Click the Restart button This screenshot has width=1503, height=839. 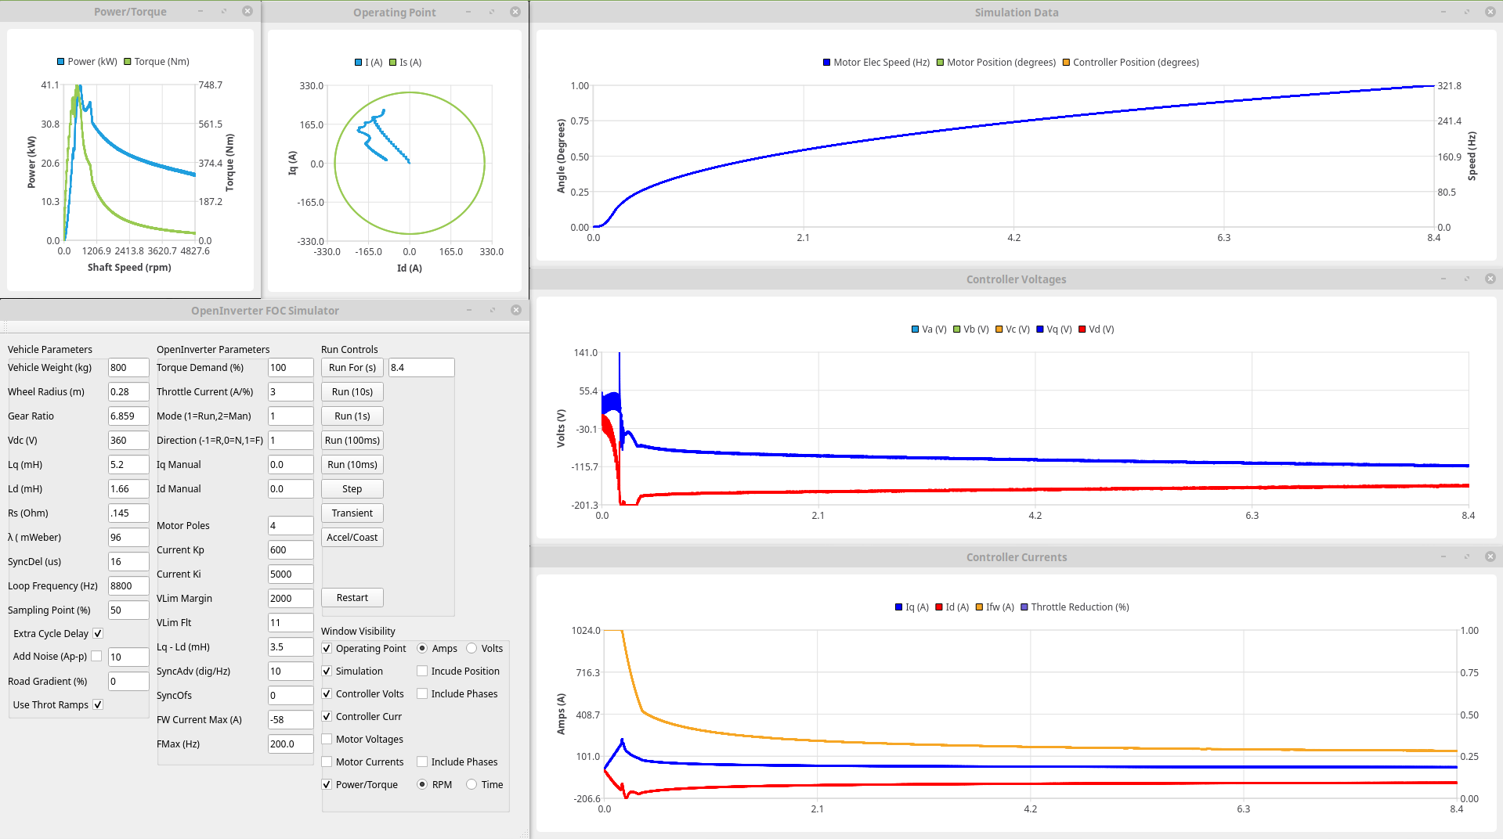pyautogui.click(x=352, y=598)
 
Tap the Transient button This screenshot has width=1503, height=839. pyautogui.click(x=352, y=513)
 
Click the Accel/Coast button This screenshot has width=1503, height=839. pyautogui.click(x=352, y=538)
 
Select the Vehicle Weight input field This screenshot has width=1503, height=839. pyautogui.click(x=128, y=368)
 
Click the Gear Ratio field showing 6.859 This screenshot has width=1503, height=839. pyautogui.click(x=128, y=416)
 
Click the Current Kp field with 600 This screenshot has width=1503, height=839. pyautogui.click(x=290, y=550)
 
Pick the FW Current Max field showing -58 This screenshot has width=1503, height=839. pyautogui.click(x=290, y=720)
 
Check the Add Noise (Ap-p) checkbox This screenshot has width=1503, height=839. pyautogui.click(x=97, y=657)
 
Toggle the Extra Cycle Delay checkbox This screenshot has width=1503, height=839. pyautogui.click(x=98, y=634)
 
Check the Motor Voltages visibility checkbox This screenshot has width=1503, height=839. pyautogui.click(x=327, y=740)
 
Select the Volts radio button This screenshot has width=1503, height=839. pyautogui.click(x=471, y=649)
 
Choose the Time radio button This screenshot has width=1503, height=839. pyautogui.click(x=471, y=785)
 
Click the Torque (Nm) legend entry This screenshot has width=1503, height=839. pyautogui.click(x=157, y=62)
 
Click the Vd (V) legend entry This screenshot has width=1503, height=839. pyautogui.click(x=1096, y=329)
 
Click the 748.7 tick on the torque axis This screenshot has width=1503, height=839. pyautogui.click(x=210, y=85)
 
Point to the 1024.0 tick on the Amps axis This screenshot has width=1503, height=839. pyautogui.click(x=586, y=631)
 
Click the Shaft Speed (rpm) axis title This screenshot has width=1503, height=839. pyautogui.click(x=129, y=268)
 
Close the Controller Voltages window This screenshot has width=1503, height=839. pyautogui.click(x=1490, y=279)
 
